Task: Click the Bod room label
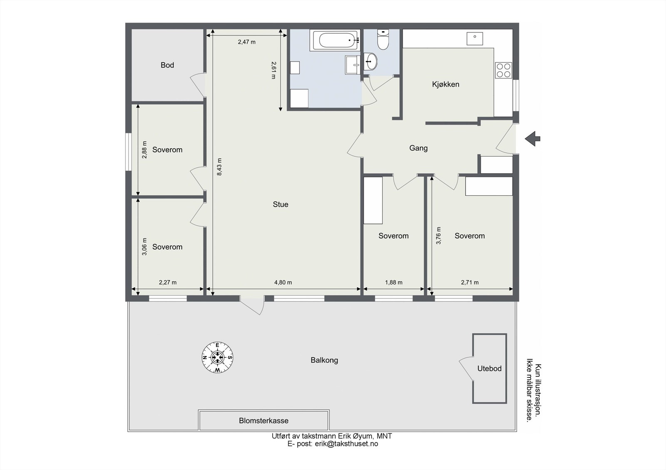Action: point(167,65)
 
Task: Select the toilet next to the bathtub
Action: point(383,40)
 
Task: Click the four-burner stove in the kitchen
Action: point(503,70)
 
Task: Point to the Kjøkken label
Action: point(445,84)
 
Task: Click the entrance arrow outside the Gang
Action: point(532,138)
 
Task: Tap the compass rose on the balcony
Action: point(217,357)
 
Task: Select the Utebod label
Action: point(489,369)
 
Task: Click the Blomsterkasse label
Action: point(263,421)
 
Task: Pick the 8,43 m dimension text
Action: point(219,167)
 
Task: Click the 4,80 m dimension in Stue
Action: point(283,283)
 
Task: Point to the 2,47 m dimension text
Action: point(246,42)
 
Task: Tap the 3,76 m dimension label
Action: point(438,235)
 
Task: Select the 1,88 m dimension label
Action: point(393,283)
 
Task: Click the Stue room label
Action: point(281,204)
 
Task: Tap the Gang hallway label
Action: point(418,148)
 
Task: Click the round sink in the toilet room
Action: point(370,62)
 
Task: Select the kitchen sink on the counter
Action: point(475,38)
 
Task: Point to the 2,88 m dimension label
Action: point(144,150)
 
